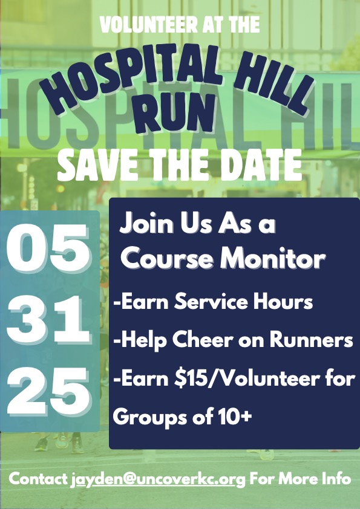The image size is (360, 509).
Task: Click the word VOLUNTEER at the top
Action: pos(149,25)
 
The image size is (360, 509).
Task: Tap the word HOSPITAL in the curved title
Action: pos(131,78)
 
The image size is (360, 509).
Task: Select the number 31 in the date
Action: pos(48,320)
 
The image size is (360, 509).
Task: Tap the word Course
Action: pos(169,259)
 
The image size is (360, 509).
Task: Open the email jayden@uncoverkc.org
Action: pos(158,480)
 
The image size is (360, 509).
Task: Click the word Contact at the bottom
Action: pos(38,479)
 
